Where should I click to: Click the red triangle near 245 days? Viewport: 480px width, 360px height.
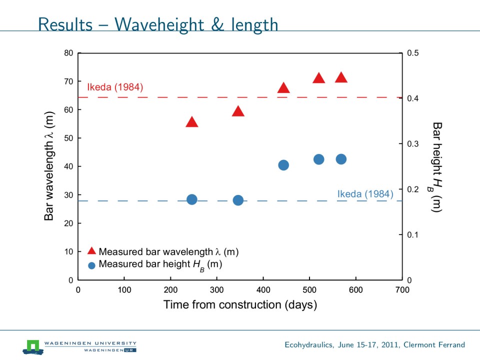click(192, 122)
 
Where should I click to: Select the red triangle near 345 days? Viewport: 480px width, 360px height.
click(238, 111)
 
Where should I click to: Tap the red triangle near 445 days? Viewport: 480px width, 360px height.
click(283, 88)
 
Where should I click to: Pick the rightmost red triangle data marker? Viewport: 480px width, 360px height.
click(341, 77)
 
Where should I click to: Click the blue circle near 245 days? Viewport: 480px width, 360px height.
click(192, 199)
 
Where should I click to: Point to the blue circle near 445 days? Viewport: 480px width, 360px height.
click(283, 165)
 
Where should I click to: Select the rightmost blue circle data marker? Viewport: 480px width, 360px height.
click(341, 159)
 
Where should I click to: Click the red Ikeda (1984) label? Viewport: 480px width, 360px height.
click(115, 87)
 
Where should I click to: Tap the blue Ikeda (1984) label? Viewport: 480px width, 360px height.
click(365, 194)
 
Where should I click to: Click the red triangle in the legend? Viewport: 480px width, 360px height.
click(91, 251)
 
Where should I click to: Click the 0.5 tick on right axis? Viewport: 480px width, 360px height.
click(413, 53)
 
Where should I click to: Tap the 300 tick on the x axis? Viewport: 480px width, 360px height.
click(217, 289)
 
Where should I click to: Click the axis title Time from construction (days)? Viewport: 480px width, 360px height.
click(240, 304)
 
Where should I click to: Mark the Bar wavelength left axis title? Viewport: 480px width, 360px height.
click(49, 166)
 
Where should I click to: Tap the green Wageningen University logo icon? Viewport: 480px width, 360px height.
click(33, 345)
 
